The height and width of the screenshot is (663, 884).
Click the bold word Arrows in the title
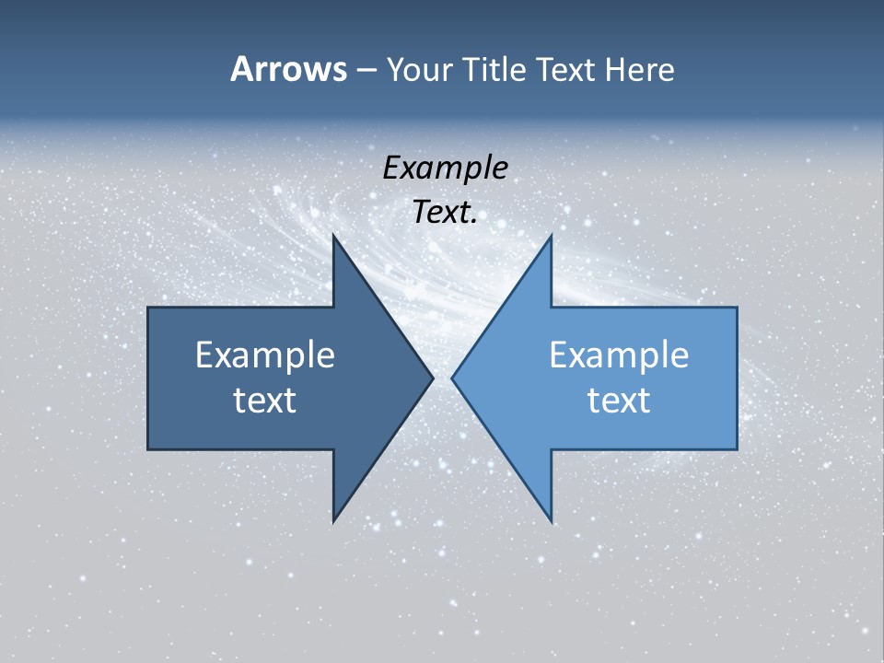click(x=288, y=69)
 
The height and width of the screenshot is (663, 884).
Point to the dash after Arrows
click(x=366, y=71)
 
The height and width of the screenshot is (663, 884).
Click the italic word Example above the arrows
click(x=445, y=169)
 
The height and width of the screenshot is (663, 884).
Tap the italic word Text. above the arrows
click(x=445, y=213)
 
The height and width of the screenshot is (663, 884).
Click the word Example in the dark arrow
click(x=265, y=355)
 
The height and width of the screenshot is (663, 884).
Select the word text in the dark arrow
click(x=265, y=400)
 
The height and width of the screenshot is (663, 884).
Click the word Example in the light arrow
click(x=619, y=355)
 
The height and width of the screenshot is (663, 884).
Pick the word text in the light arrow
click(x=619, y=400)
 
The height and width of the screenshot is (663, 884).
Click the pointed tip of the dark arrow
click(x=433, y=378)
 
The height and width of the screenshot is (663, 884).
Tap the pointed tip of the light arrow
click(x=452, y=378)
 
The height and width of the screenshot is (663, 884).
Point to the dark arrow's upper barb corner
click(x=333, y=235)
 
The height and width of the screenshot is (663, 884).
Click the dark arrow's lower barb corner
click(x=333, y=521)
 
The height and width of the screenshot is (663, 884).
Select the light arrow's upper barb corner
click(x=551, y=235)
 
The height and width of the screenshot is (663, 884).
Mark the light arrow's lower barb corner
click(x=551, y=521)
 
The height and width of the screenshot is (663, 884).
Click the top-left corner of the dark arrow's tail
click(x=148, y=308)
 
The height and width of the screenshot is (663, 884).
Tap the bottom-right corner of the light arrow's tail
click(x=737, y=448)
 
